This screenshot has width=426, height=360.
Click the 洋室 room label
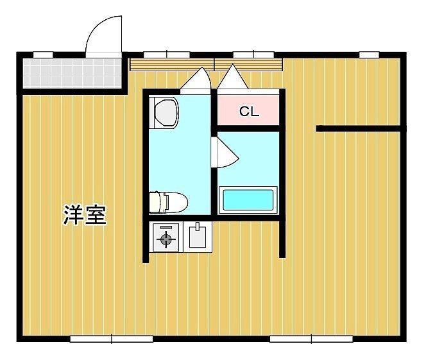(x=85, y=215)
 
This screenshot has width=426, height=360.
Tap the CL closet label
(x=249, y=112)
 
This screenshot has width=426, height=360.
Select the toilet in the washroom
(x=169, y=202)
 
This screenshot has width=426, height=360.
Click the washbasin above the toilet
(x=164, y=112)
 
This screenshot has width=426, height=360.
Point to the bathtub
(x=248, y=200)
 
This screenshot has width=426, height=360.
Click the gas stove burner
(x=166, y=239)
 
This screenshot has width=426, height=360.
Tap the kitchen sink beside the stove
(x=198, y=237)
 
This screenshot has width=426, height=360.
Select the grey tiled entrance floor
(x=72, y=73)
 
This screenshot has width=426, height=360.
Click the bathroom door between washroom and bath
(x=225, y=153)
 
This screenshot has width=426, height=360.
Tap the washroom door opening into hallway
(x=196, y=78)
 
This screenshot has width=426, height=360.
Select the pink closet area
(x=248, y=110)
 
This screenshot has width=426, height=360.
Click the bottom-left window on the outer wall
(x=112, y=339)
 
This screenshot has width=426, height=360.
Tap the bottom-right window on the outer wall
(x=311, y=339)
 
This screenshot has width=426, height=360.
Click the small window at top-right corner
(x=369, y=55)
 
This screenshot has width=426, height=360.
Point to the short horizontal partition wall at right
(x=359, y=128)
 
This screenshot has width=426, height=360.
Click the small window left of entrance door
(x=43, y=55)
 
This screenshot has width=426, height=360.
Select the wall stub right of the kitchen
(x=282, y=239)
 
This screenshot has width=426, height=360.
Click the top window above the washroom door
(x=167, y=55)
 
